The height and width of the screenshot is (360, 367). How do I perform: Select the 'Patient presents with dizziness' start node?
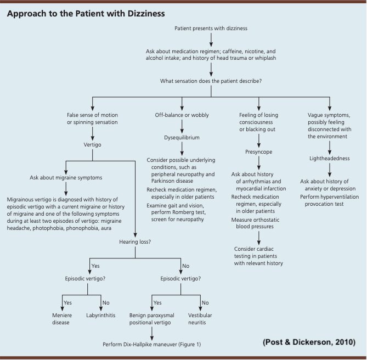coord(211,28)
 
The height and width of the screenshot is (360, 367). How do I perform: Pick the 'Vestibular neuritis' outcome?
coord(201,319)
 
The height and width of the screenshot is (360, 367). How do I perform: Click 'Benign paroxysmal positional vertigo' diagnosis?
coord(151,319)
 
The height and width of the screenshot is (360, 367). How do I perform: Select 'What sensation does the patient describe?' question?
coord(211,81)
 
